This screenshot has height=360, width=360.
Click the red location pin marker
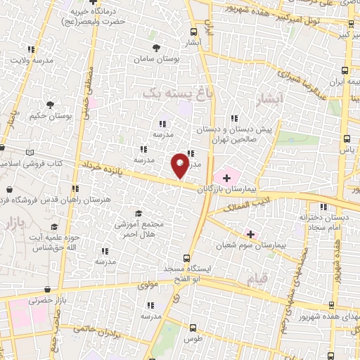180,165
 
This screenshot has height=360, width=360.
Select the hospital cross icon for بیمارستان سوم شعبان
250,233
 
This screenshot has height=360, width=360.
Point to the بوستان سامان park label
158,61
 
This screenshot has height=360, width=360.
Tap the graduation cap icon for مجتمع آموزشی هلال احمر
138,214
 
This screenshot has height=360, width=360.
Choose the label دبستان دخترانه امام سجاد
323,221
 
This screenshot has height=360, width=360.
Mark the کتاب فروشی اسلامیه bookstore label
28,162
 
